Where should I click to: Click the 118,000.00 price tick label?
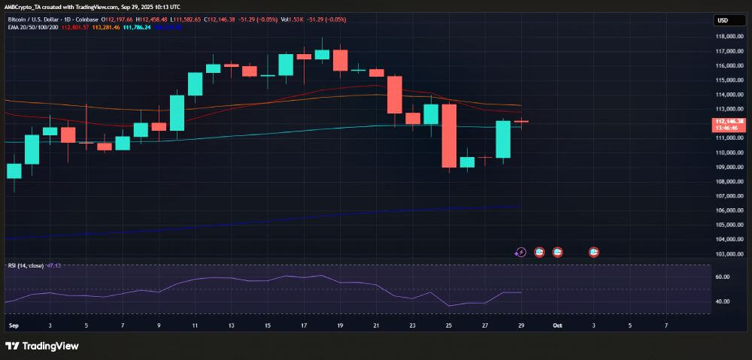click(x=729, y=37)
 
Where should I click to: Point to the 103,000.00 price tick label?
click(x=729, y=254)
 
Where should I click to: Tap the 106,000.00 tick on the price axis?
click(x=729, y=210)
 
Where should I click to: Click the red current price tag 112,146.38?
click(x=729, y=121)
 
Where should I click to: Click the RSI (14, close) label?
click(x=26, y=265)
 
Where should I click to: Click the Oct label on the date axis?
click(x=557, y=325)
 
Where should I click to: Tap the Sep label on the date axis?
click(x=13, y=325)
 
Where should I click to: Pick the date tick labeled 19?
click(x=340, y=325)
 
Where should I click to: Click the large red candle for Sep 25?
click(x=449, y=135)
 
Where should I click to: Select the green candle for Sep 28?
click(x=503, y=139)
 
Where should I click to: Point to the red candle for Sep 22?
click(x=394, y=95)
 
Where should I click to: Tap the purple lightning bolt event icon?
click(x=521, y=253)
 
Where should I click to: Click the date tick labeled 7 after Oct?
click(x=666, y=325)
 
